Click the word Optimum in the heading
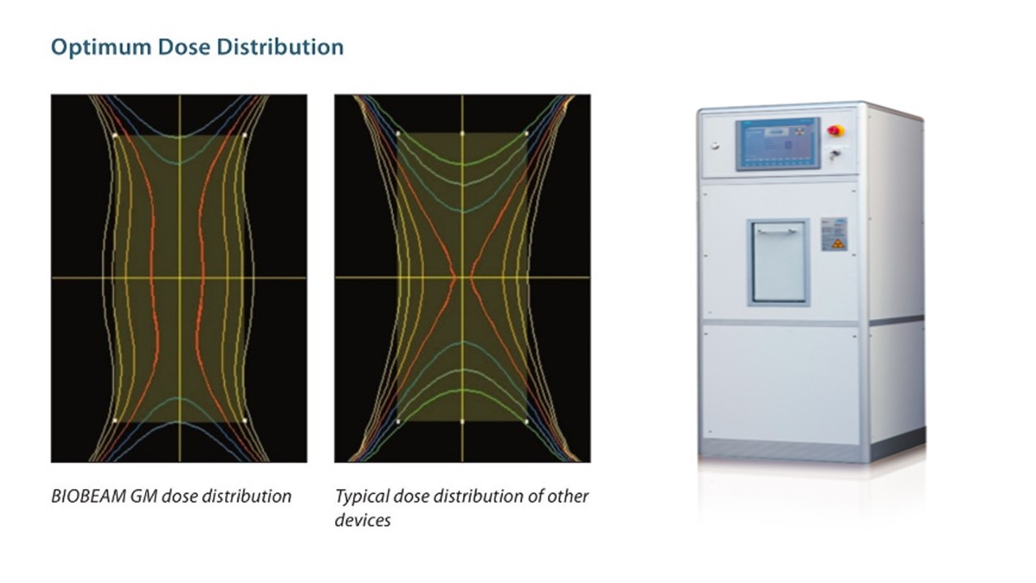click(101, 48)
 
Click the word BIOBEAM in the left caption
click(88, 496)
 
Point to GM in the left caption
click(144, 496)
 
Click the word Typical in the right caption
click(362, 497)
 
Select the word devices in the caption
click(363, 520)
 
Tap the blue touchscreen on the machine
click(778, 144)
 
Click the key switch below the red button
click(834, 155)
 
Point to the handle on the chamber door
click(777, 232)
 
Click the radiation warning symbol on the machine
click(836, 244)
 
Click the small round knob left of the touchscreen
click(715, 147)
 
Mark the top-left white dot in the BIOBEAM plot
click(115, 135)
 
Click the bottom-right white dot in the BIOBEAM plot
click(244, 420)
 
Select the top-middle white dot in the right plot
click(462, 134)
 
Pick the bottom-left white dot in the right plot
click(398, 422)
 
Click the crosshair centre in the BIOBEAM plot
click(180, 278)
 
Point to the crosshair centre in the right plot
click(462, 278)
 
